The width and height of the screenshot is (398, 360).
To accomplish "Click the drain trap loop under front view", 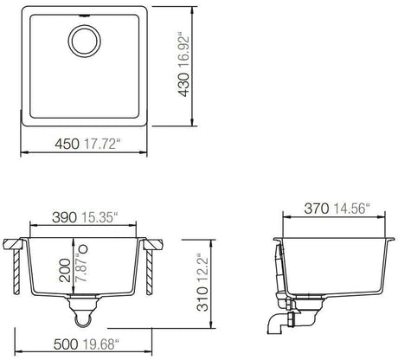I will pos(85,320).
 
